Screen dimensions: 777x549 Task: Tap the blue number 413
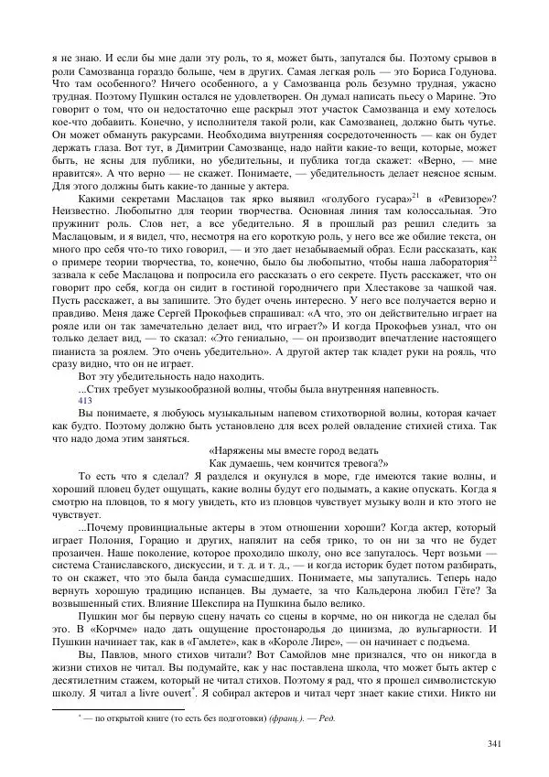(x=85, y=399)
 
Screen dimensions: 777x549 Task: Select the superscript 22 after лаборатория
(x=492, y=259)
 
